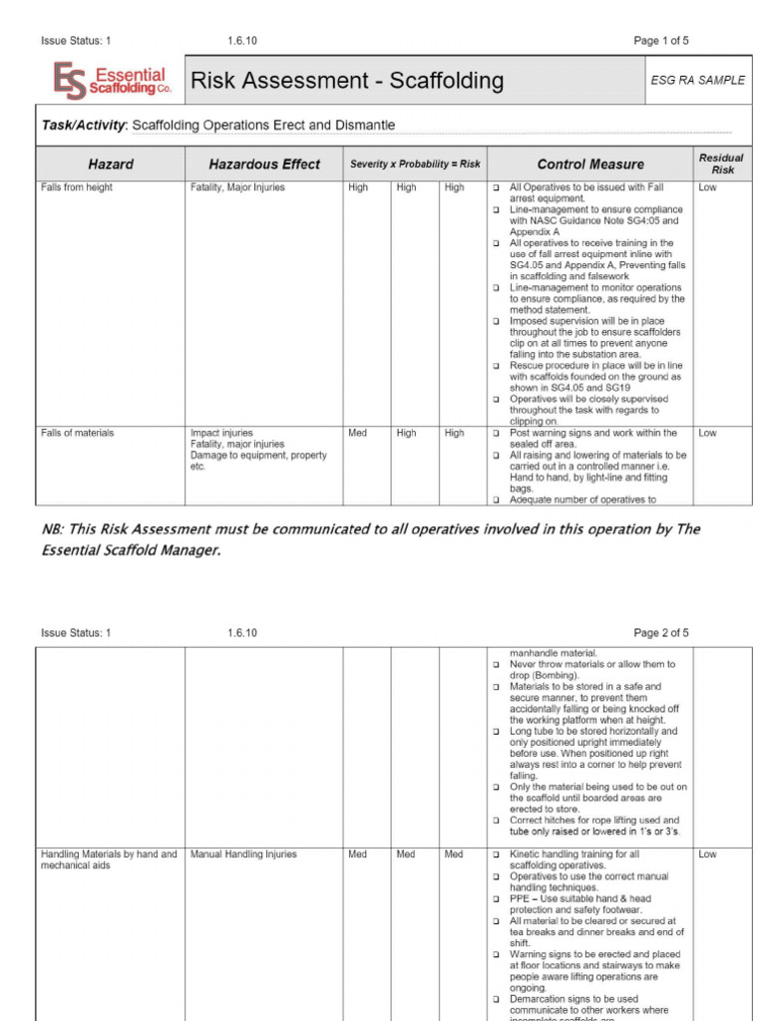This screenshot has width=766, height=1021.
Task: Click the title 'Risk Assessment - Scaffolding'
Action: point(347,81)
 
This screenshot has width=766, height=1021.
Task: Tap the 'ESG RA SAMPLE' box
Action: point(704,81)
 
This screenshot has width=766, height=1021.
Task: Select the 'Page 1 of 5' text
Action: point(661,41)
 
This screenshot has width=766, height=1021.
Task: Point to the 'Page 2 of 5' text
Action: point(661,633)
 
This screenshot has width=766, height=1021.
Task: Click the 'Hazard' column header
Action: point(111,165)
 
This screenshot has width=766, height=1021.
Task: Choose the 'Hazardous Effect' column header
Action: point(264,165)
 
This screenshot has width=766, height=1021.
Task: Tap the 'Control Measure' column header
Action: point(590,165)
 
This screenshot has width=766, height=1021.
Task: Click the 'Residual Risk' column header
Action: point(721,165)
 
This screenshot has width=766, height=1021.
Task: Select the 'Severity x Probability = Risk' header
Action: point(414,165)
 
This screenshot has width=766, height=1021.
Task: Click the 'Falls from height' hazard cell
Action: point(77,187)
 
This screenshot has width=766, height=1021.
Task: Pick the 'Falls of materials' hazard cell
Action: point(78,434)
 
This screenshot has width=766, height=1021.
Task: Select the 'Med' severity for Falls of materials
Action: point(357,434)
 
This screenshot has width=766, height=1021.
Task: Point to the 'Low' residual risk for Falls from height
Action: point(707,187)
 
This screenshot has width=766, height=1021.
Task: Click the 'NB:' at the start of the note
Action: point(53,529)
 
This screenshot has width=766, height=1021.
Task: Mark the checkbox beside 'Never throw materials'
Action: point(496,665)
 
